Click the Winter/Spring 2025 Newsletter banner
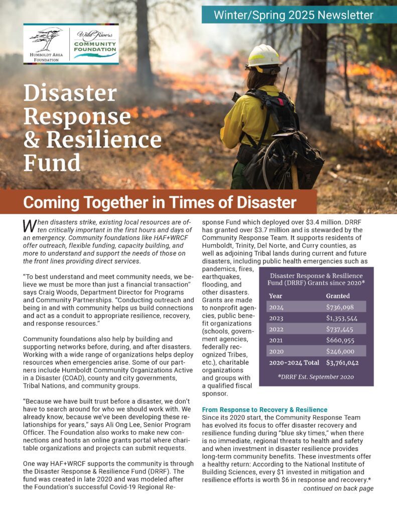[x=294, y=15]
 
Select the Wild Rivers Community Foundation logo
[x=94, y=44]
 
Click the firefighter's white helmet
[x=263, y=57]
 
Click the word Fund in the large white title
[x=52, y=162]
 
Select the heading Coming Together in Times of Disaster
[x=160, y=203]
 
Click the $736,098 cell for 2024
[x=340, y=307]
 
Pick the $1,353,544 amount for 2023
[x=342, y=318]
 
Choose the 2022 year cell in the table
[x=277, y=329]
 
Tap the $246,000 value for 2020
[x=340, y=351]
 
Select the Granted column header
[x=338, y=296]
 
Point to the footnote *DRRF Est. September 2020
[x=316, y=376]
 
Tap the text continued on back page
[x=338, y=488]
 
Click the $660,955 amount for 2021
[x=340, y=340]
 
